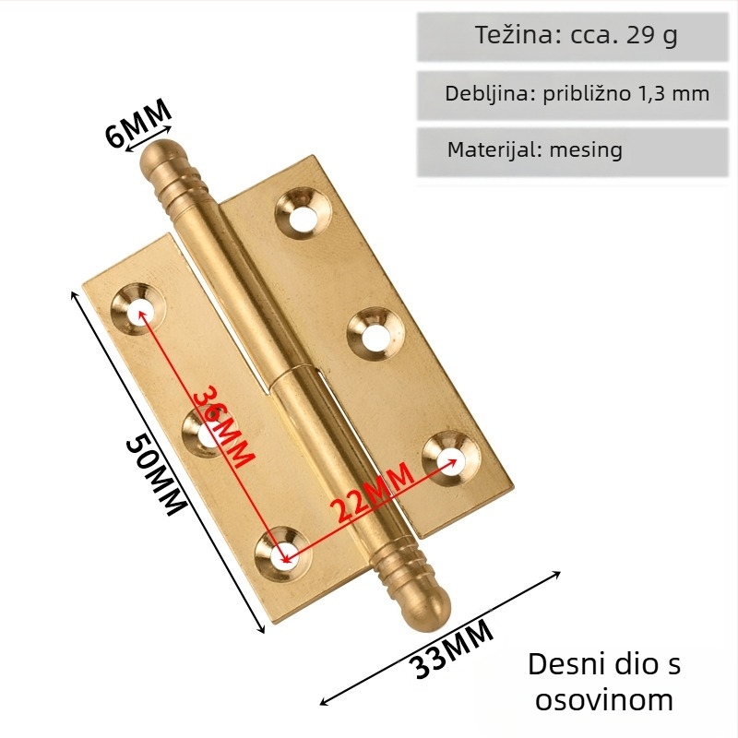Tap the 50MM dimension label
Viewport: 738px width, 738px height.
coord(156,475)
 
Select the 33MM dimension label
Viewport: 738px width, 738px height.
coord(452,649)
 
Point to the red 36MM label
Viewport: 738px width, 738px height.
coord(224,427)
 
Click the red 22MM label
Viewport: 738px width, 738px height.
coord(372,494)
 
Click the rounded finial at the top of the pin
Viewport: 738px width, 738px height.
coord(159,157)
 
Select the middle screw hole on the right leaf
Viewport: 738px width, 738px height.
coord(375,333)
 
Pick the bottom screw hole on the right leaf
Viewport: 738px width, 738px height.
coord(451,457)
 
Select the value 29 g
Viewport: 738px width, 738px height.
coord(652,36)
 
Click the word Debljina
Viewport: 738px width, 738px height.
coord(488,94)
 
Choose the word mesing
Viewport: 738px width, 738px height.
coord(586,150)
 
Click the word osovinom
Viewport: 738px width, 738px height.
coord(604,700)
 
